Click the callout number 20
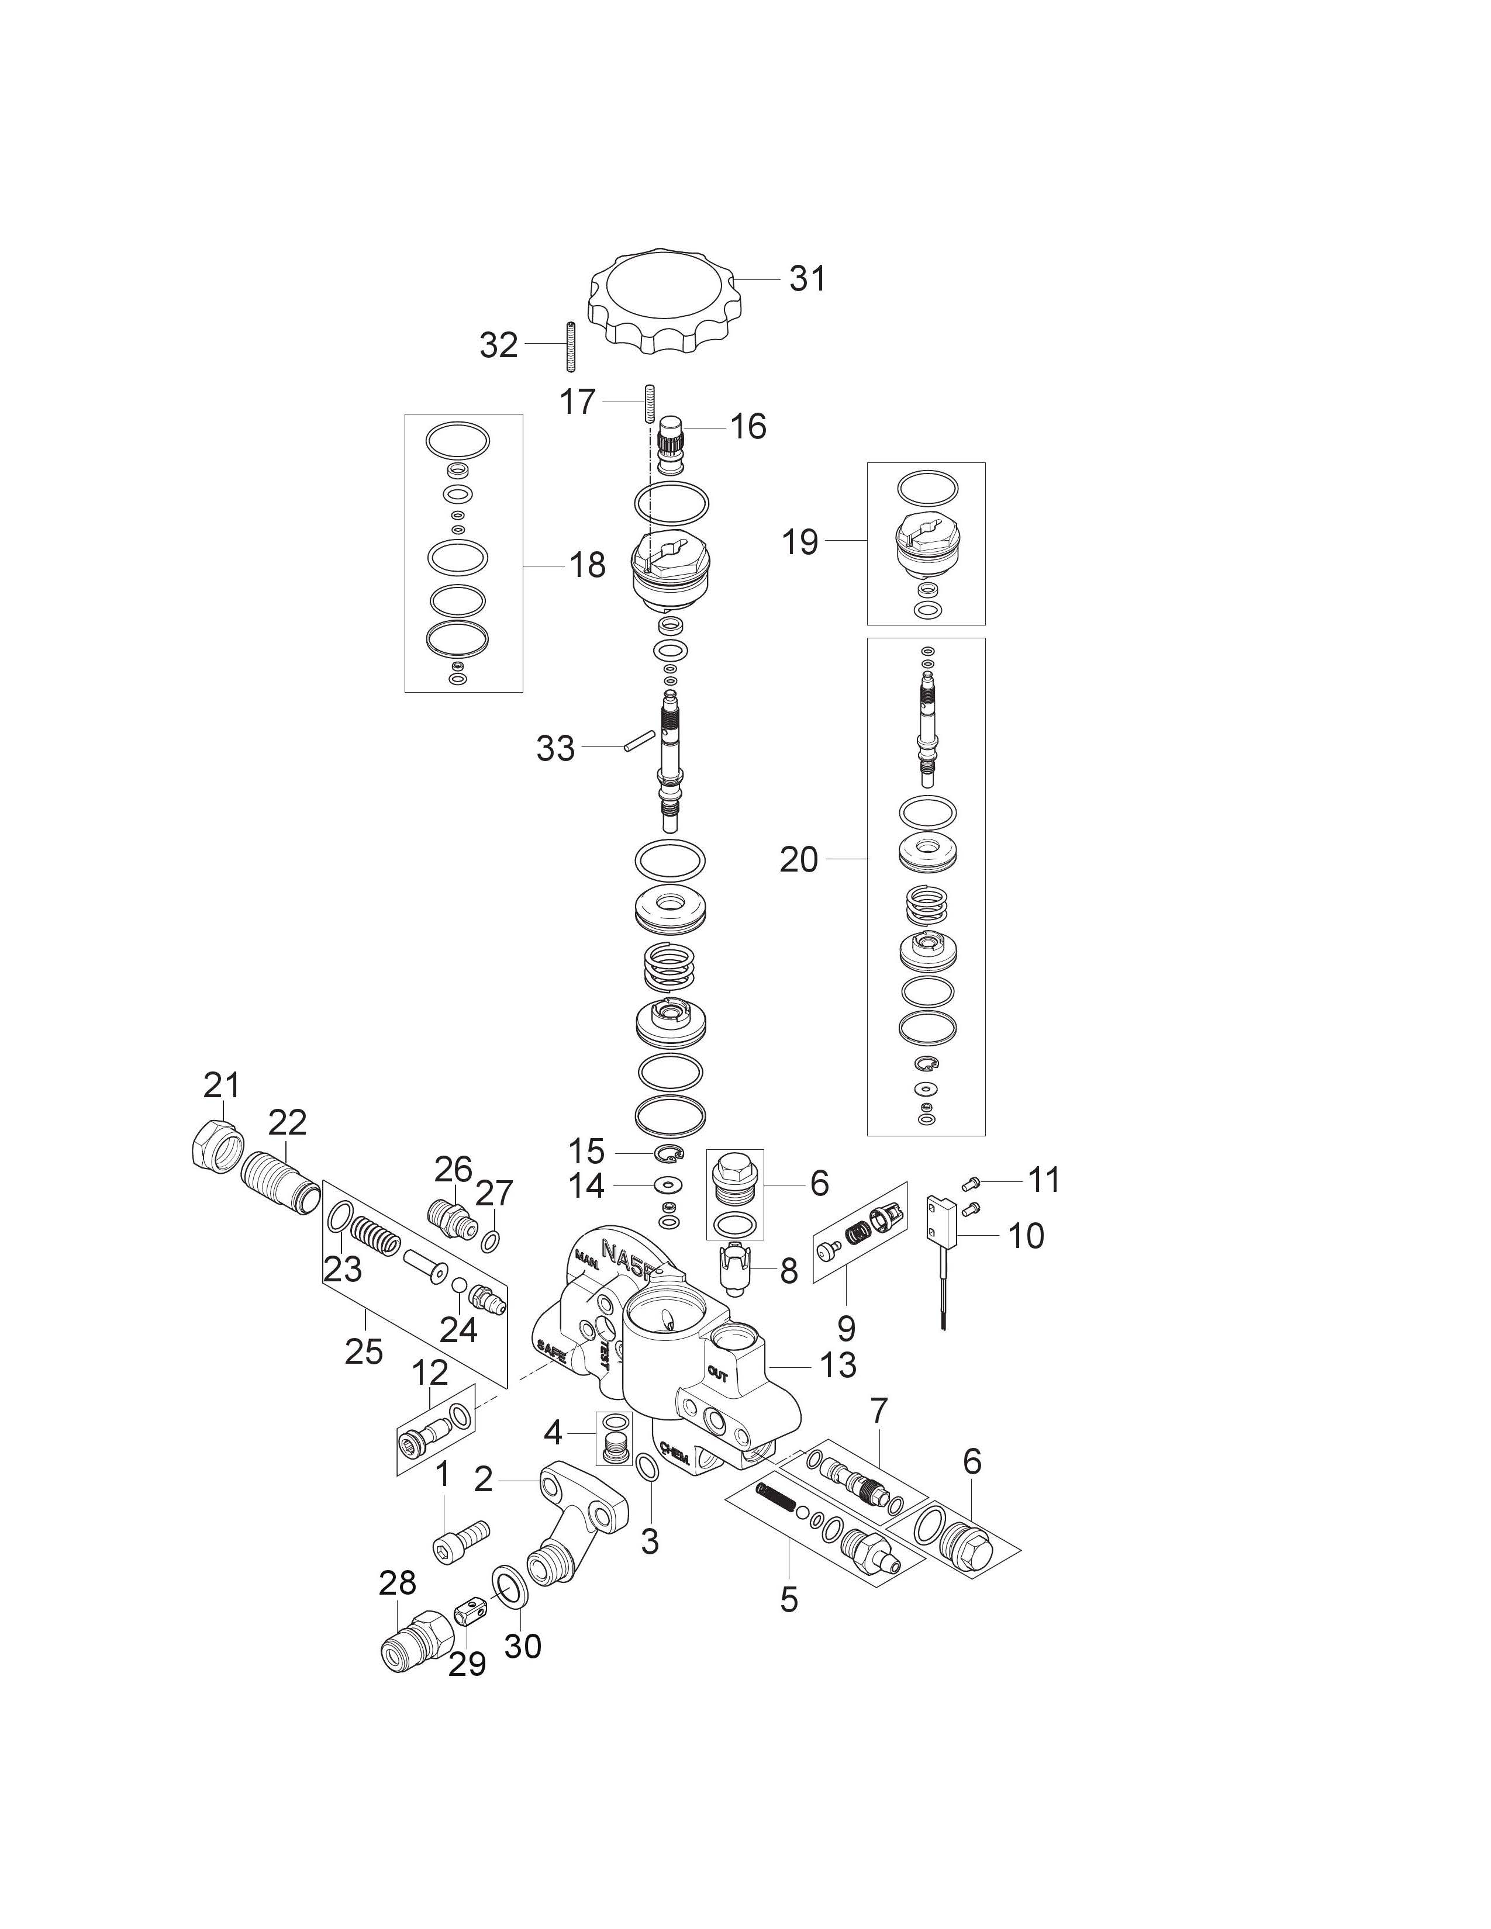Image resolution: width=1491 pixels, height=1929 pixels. coord(799,859)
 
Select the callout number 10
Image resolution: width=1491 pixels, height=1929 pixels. coord(1026,1236)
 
